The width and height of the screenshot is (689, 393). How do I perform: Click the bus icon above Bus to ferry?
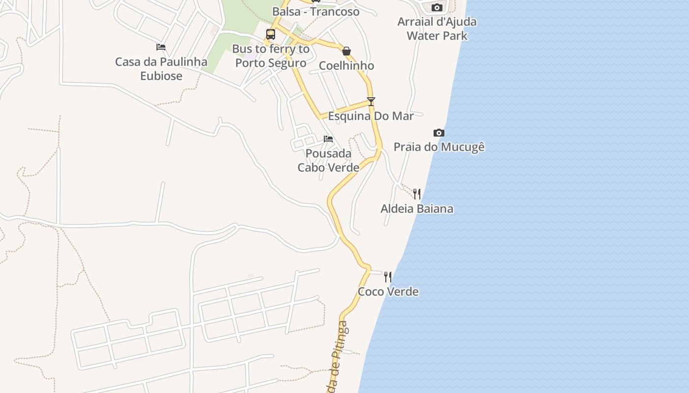[x=271, y=34]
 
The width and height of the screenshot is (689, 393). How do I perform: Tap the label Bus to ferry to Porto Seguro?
[x=271, y=56]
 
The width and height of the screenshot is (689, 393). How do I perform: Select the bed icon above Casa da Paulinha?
[x=161, y=47]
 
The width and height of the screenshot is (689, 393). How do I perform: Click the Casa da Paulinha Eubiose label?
[x=161, y=69]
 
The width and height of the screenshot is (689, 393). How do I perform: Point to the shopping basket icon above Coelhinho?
[x=346, y=51]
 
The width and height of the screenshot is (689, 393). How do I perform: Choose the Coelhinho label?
[x=346, y=66]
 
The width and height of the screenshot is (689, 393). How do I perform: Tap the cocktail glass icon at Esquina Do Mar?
[x=371, y=102]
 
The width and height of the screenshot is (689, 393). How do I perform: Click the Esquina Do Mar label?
[x=371, y=116]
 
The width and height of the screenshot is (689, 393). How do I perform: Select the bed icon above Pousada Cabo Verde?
[x=328, y=139]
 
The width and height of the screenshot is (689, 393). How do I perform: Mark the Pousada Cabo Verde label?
[x=328, y=161]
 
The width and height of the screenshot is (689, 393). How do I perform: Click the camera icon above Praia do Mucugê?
[x=439, y=133]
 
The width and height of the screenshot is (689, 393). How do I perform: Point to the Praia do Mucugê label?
[x=439, y=147]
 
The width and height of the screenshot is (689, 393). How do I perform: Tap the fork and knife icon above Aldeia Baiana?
[x=417, y=194]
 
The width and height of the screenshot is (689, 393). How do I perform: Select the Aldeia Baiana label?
[x=417, y=209]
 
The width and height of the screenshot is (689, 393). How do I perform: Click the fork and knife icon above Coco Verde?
[x=388, y=277]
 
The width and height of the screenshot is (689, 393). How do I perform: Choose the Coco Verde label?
[x=388, y=292]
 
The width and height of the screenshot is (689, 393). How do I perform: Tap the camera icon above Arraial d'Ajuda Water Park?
[x=437, y=7]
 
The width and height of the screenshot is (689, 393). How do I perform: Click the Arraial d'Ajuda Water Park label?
[x=437, y=28]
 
